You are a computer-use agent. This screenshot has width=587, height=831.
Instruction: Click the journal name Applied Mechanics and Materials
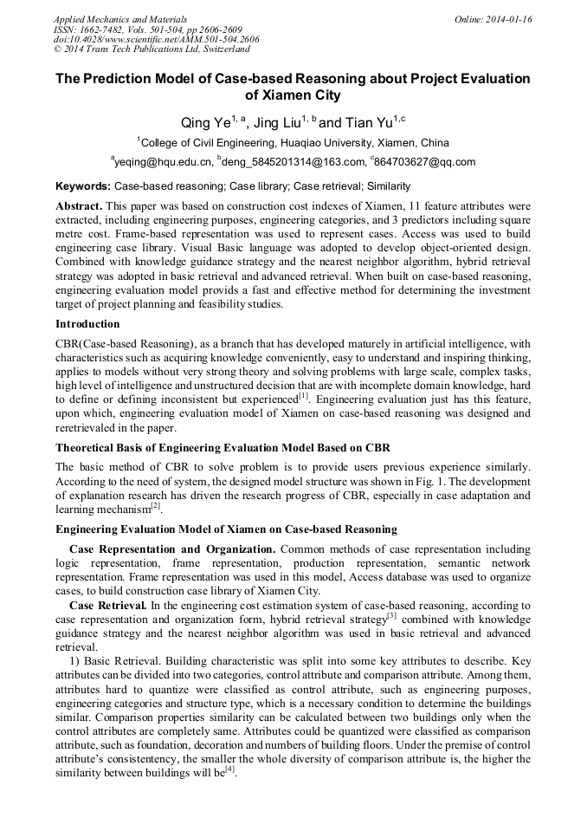pos(120,19)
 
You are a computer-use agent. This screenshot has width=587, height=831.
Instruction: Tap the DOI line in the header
pos(156,40)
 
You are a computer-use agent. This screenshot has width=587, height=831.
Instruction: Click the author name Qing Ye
pos(200,123)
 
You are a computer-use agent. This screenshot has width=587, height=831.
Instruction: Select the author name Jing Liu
pos(282,123)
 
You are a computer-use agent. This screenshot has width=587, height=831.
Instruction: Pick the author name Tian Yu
pos(369,123)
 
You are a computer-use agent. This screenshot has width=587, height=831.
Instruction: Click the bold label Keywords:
pos(83,186)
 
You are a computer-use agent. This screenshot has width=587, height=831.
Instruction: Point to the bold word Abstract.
pos(79,207)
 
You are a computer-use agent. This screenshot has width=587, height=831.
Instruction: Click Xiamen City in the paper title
pos(293,95)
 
